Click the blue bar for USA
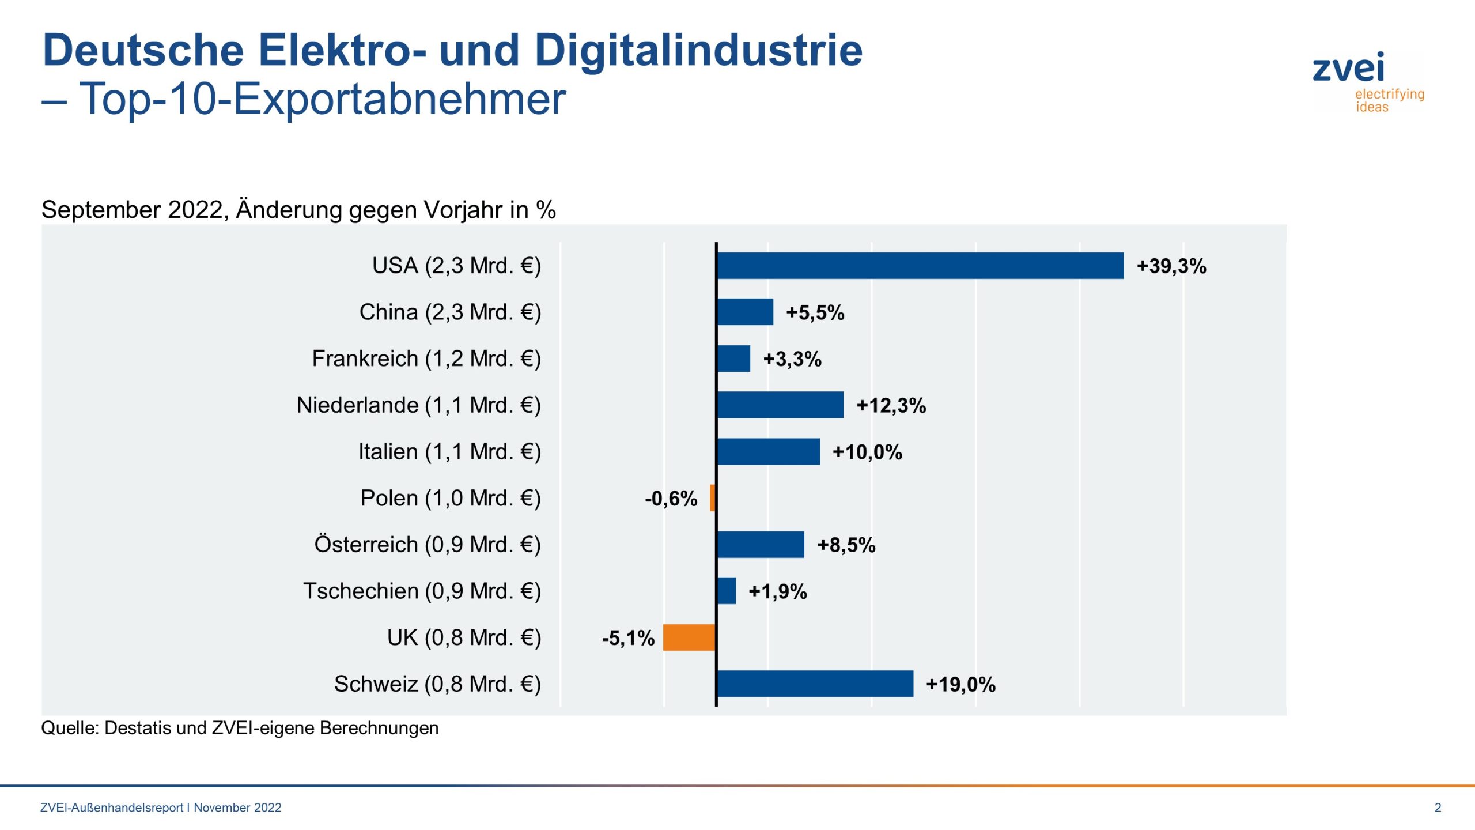pos(920,266)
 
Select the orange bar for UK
pos(689,637)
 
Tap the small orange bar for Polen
pos(713,498)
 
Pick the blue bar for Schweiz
pos(815,684)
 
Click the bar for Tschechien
pos(727,591)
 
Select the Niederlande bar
pos(780,405)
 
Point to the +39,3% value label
pos(1171,266)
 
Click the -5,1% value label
pos(628,638)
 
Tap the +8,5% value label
pos(846,545)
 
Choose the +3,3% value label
pos(792,359)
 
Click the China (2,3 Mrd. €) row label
pos(450,312)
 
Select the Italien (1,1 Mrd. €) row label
pos(449,452)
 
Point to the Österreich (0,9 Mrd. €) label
pos(427,545)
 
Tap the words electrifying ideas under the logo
pos(1389,100)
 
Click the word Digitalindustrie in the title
pos(698,51)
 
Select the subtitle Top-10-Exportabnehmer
pos(323,99)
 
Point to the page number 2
pos(1438,808)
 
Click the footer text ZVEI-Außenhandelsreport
pos(112,808)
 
